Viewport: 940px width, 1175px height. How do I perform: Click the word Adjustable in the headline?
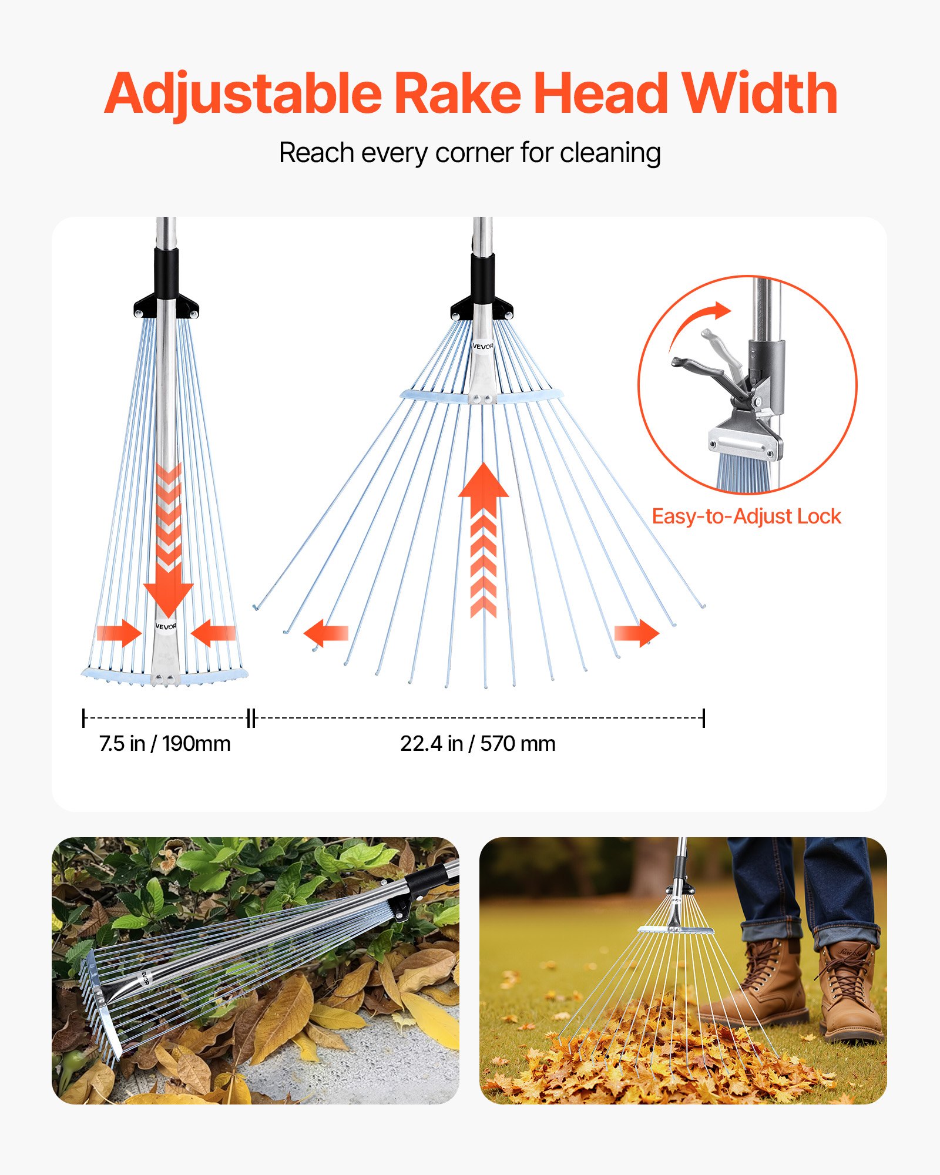242,94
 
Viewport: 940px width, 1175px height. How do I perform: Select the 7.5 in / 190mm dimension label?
164,744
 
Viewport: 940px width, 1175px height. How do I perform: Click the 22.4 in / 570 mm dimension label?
478,744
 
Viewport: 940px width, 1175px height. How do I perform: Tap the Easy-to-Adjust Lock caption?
746,516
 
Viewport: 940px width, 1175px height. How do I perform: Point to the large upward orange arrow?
483,488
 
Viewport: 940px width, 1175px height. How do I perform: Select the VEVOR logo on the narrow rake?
166,626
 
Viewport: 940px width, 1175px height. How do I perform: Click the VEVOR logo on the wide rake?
483,347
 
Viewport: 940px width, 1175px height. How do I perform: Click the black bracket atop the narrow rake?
166,305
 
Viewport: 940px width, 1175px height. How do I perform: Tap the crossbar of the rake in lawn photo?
676,930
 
